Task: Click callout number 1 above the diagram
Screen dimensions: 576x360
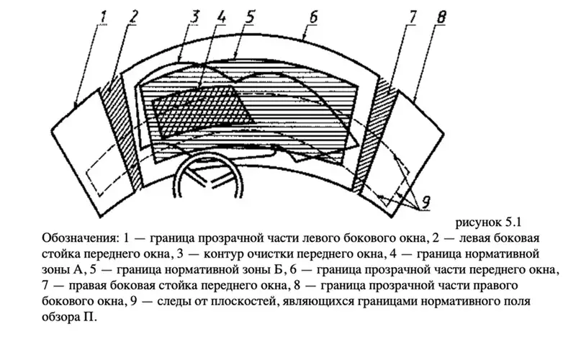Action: click(102, 17)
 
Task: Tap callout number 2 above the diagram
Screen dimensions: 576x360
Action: click(133, 17)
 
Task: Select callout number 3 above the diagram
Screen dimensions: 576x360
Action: click(194, 17)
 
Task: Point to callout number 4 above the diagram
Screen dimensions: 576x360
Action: click(221, 17)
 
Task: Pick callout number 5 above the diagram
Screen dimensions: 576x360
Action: click(250, 17)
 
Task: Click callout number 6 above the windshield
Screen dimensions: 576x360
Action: click(313, 17)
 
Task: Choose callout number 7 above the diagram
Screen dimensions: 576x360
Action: click(413, 17)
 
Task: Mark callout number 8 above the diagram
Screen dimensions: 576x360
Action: click(441, 17)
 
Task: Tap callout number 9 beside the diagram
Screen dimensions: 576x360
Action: click(426, 202)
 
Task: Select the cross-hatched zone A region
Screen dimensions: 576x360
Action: click(203, 110)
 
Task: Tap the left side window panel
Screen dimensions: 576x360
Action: click(92, 153)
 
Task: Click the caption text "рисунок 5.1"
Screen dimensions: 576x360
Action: click(488, 222)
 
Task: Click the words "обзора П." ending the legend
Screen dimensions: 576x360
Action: click(69, 317)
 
